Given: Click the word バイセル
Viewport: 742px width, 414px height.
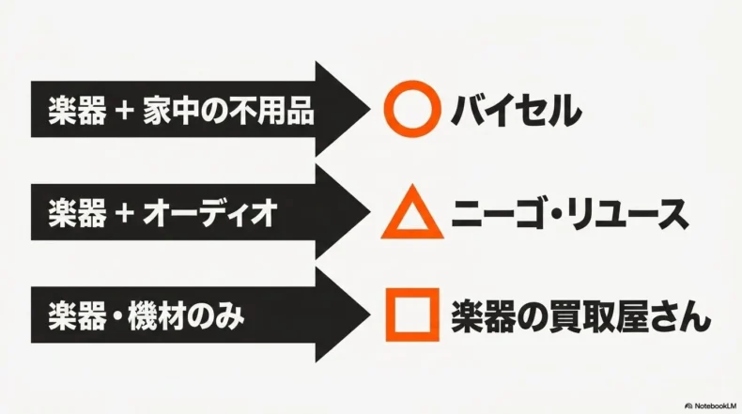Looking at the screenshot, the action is (516, 110).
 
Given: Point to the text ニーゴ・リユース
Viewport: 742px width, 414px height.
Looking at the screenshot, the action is (570, 213).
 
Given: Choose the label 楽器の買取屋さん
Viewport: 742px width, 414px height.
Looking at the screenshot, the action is (580, 316).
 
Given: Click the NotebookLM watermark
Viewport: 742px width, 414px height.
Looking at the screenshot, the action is (711, 406).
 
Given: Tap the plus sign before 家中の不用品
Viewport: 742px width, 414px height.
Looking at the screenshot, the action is (124, 112).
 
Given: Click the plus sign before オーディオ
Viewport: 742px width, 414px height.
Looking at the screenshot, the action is (124, 213).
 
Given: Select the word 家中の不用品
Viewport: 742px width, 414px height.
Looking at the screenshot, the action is (228, 111).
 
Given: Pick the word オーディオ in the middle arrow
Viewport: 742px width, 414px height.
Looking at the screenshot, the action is (209, 213).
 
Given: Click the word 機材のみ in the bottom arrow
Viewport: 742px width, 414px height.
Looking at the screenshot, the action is (186, 316).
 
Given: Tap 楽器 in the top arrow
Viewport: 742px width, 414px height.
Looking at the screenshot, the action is (77, 111).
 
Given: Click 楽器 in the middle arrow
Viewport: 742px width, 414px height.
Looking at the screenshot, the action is (77, 213).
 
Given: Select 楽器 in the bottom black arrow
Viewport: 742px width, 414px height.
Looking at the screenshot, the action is (77, 316).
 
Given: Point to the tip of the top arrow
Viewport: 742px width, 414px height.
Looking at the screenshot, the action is (371, 109).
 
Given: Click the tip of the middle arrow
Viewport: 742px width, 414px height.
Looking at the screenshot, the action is (371, 212).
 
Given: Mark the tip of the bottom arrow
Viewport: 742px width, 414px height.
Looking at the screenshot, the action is (371, 314).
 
